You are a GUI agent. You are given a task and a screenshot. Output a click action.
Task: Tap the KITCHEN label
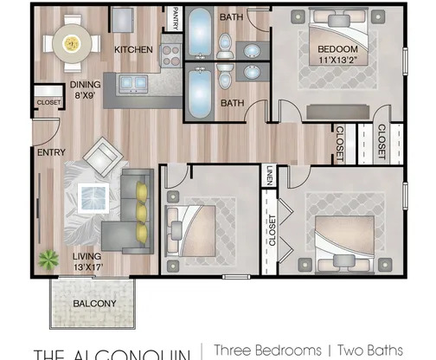(x=134, y=48)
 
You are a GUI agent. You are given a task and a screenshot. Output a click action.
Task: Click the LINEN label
(x=270, y=176)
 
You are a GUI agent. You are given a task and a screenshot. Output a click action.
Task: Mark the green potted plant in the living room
(x=48, y=257)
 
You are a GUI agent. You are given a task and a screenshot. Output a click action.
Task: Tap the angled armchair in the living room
(x=101, y=156)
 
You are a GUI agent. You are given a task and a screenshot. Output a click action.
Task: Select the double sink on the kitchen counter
(x=133, y=83)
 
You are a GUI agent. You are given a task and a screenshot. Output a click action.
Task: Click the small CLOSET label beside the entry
(x=48, y=102)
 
